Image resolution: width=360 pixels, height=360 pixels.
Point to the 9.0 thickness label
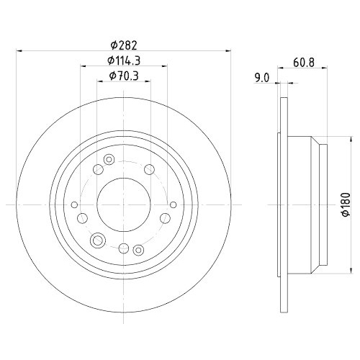point(261,77)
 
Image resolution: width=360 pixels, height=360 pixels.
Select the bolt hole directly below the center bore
point(124,248)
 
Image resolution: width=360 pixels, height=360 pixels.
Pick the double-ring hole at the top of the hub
point(109,159)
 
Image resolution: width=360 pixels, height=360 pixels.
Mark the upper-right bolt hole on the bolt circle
point(150,169)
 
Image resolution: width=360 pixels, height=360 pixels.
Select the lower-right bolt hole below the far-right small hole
point(166,218)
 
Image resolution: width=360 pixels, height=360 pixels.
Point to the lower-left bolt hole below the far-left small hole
point(81,218)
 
